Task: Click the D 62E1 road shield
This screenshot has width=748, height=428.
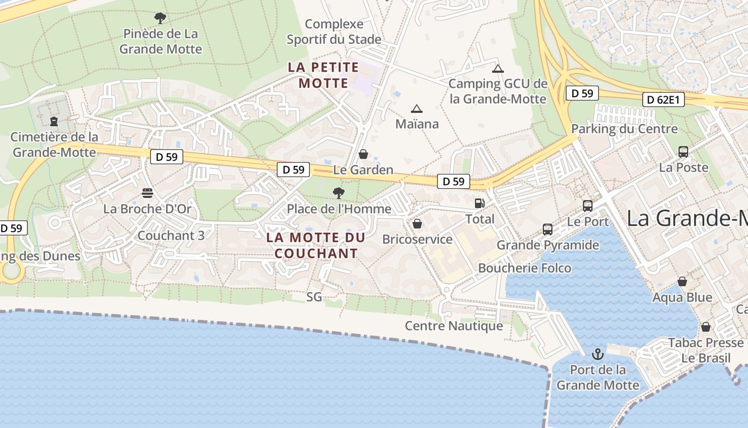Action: pos(663,100)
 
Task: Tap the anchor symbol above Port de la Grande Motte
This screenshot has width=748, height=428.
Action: pos(598,354)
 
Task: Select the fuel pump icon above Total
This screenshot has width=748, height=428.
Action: pos(480,203)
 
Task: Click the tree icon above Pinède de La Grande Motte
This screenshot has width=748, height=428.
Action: pos(160,18)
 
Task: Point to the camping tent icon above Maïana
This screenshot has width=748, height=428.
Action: pos(417,109)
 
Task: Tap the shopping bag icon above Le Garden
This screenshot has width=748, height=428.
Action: pos(363,155)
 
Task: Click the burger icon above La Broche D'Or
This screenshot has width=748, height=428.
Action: pos(147,193)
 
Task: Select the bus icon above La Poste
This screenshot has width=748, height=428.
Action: pos(683,152)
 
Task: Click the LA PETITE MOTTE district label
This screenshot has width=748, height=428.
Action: pos(323,75)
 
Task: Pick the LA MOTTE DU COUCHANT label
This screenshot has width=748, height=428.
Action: pos(316,245)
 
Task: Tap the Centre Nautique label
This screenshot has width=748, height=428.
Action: pos(454,326)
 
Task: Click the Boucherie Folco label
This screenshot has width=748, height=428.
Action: pos(525,268)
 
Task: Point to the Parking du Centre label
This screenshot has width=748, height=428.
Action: pos(624,129)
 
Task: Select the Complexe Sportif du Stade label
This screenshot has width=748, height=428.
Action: pos(334,32)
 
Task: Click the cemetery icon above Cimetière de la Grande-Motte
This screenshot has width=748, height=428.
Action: pos(53,121)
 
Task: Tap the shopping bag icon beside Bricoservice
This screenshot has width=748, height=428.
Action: pos(417,224)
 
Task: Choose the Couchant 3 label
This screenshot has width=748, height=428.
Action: pos(171,235)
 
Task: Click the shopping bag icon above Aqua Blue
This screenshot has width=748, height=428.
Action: pos(682,281)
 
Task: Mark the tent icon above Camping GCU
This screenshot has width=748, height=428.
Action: pos(498,68)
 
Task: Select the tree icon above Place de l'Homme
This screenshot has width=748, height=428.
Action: pos(338,193)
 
